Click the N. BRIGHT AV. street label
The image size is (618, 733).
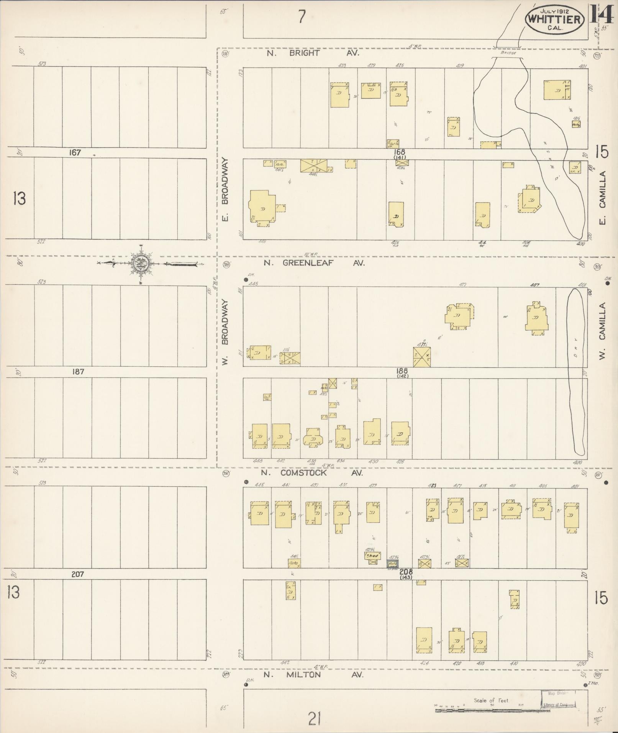click(313, 53)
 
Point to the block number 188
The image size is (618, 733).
click(402, 371)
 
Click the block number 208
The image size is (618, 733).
click(406, 571)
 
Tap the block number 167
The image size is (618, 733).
click(75, 153)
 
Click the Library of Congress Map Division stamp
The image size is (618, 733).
click(558, 699)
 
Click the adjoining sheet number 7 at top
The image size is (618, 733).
click(302, 16)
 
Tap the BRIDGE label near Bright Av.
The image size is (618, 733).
click(508, 53)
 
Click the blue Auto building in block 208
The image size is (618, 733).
click(393, 564)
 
